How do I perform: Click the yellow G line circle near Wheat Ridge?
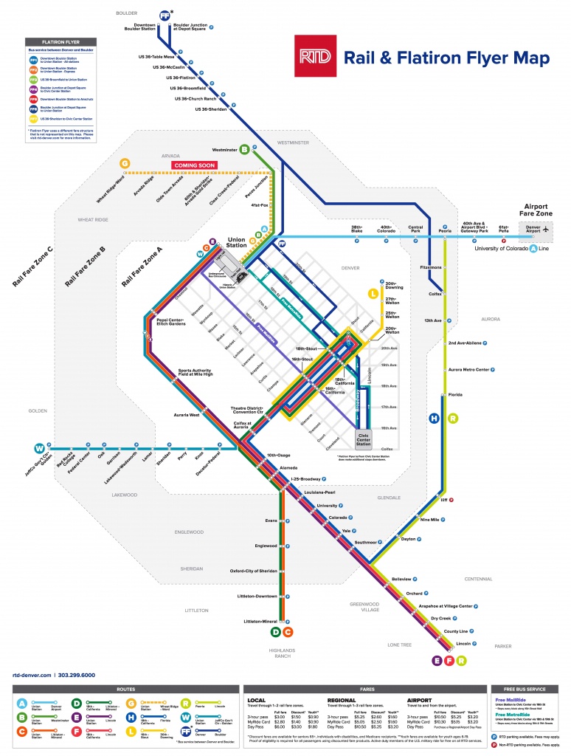(125, 163)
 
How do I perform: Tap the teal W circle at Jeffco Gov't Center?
(38, 447)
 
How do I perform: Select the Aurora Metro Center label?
(469, 369)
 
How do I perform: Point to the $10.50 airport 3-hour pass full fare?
(440, 715)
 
